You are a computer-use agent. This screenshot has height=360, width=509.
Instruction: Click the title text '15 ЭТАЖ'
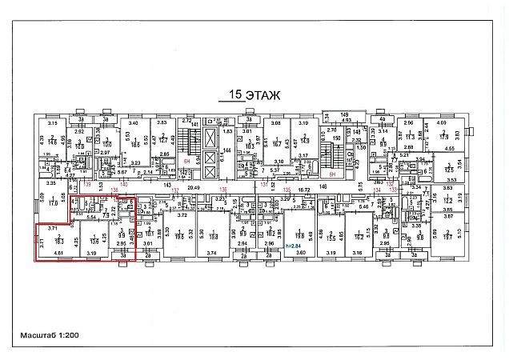[x=250, y=95]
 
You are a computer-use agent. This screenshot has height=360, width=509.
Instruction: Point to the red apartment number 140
[x=123, y=184]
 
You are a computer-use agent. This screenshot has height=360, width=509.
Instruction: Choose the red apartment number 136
[x=223, y=190]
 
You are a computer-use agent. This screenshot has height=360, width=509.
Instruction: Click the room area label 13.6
[x=94, y=240]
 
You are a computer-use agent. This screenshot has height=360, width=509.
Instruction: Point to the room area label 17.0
[x=54, y=203]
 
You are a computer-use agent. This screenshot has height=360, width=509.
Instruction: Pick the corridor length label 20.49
[x=193, y=186]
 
